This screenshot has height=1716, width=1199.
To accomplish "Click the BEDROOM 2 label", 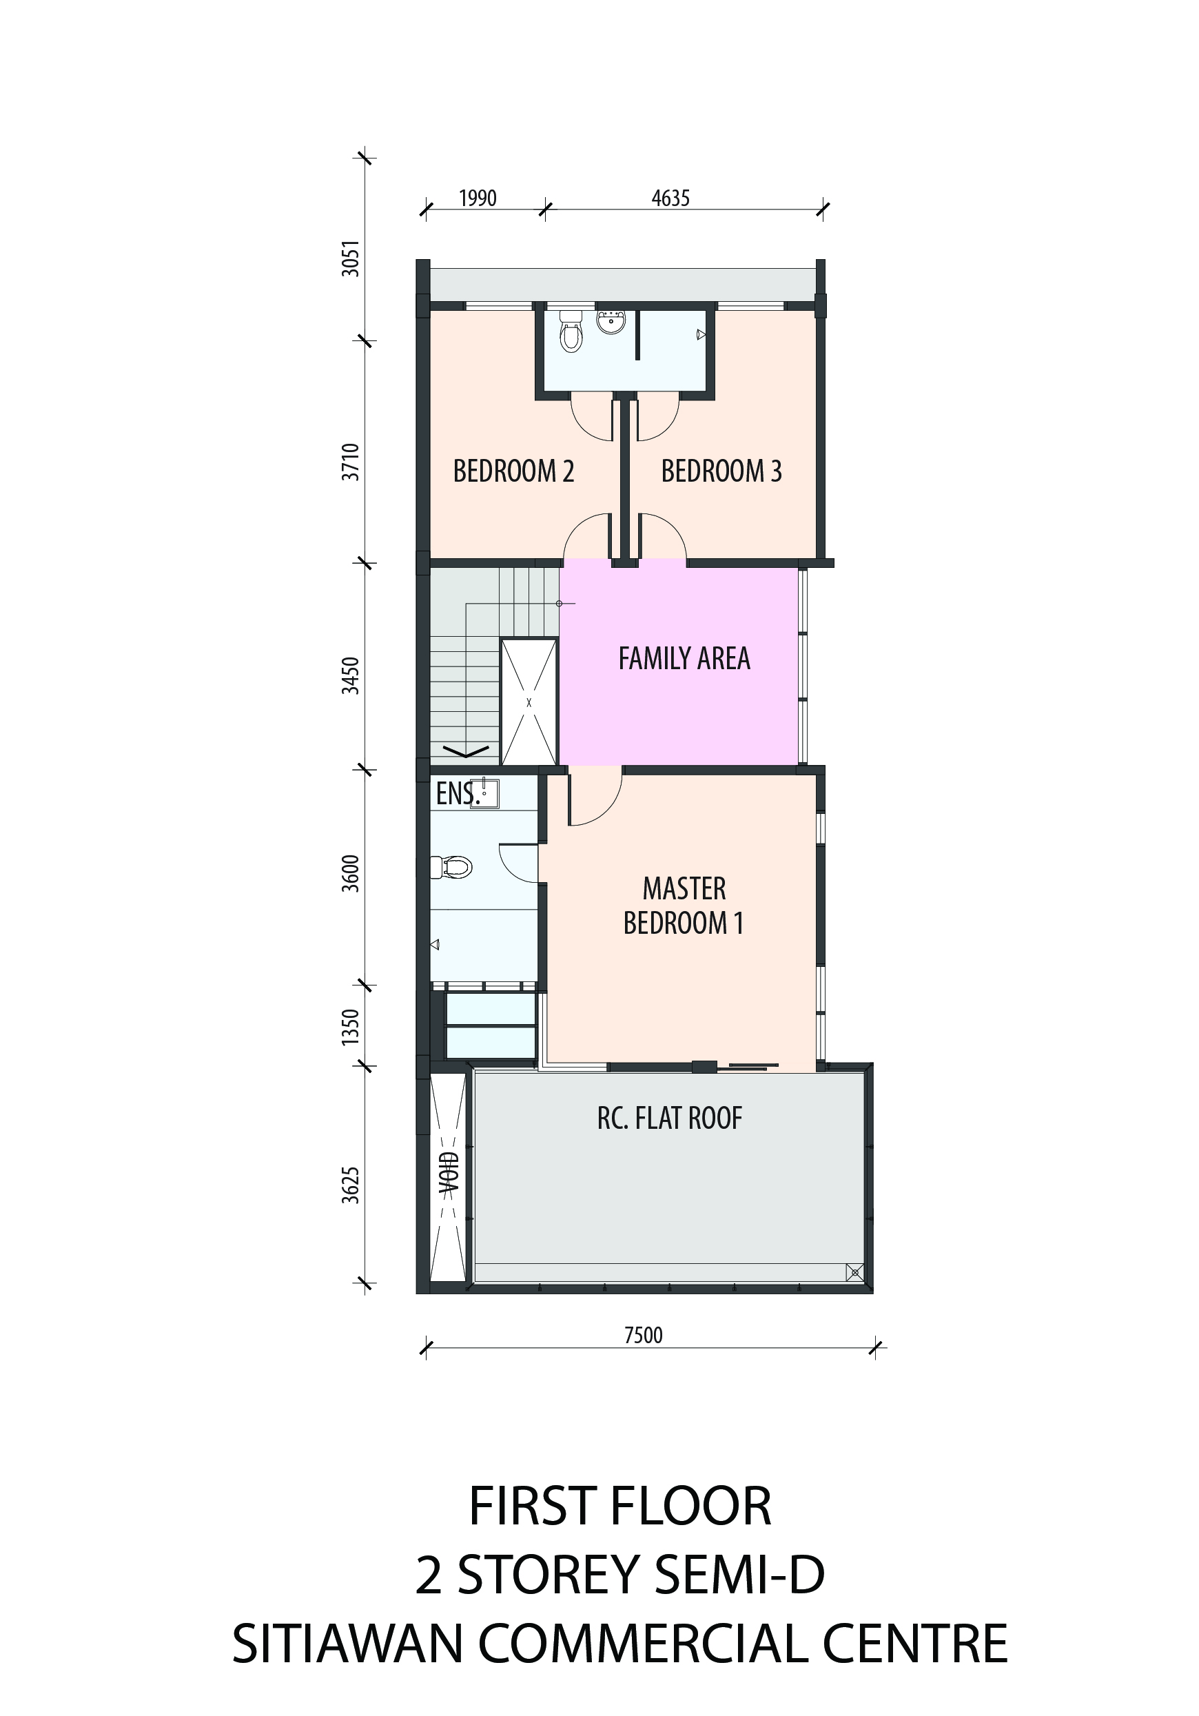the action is click(x=513, y=471).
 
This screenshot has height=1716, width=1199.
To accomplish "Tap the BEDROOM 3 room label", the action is click(x=721, y=471).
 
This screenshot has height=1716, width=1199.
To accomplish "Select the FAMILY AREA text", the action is click(x=684, y=657).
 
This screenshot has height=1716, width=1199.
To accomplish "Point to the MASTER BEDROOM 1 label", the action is click(x=684, y=906).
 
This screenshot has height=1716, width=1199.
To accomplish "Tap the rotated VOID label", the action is click(x=449, y=1176).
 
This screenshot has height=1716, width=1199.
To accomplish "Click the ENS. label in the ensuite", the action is click(x=456, y=794).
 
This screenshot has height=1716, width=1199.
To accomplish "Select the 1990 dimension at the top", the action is click(x=478, y=198).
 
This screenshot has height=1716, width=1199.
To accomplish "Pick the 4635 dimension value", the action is click(x=670, y=198).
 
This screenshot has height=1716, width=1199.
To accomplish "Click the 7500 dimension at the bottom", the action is click(x=644, y=1335).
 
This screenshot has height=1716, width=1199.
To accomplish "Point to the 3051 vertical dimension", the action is click(x=351, y=258).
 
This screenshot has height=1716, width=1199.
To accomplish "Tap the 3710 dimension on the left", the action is click(x=351, y=462).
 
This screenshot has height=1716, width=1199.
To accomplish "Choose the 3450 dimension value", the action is click(x=351, y=675).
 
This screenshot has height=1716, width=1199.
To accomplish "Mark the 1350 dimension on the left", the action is click(x=351, y=1027).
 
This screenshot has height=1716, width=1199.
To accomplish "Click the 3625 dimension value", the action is click(x=351, y=1185).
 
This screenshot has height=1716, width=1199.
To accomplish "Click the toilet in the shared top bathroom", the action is click(x=571, y=331).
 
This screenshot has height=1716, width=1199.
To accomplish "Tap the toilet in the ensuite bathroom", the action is click(x=451, y=867).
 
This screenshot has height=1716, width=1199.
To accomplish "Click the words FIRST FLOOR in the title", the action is click(x=619, y=1506).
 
